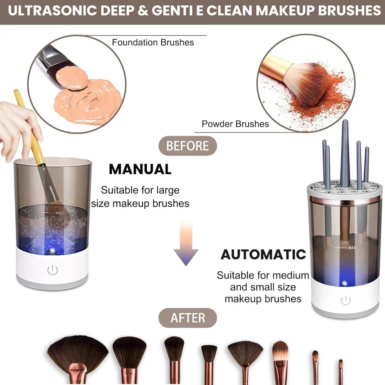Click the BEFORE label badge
tap(188, 146)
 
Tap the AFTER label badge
tap(188, 318)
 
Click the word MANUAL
tap(140, 169)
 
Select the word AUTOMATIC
tap(263, 254)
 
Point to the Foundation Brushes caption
tap(153, 42)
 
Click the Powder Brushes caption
tap(235, 124)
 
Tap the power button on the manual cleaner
tap(52, 270)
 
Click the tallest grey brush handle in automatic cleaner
tap(345, 154)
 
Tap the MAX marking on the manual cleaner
tap(59, 212)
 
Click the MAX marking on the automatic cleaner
tap(352, 248)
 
